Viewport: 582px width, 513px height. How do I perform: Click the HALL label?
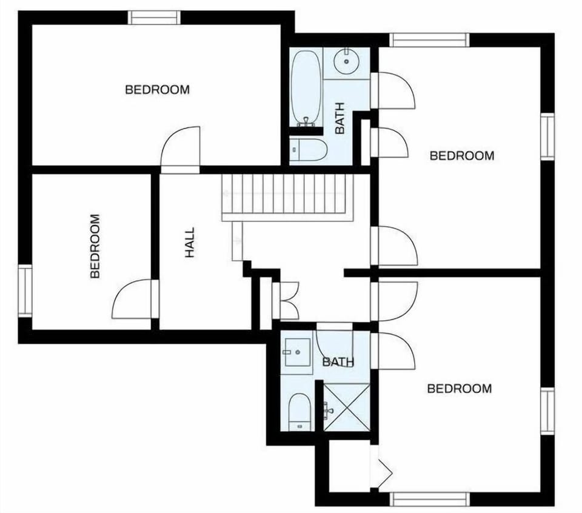pos(190,243)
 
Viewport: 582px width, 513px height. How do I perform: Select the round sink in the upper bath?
pos(347,61)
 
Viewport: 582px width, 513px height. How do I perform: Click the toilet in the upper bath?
pos(309,149)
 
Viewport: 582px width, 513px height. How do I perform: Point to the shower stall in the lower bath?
pos(346,407)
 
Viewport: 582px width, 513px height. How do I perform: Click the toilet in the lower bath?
pos(299,411)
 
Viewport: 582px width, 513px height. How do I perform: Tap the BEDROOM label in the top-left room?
pos(157,90)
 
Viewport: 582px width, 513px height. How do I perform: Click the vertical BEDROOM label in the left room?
pos(95,246)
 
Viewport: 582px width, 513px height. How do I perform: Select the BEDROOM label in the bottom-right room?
pos(459,389)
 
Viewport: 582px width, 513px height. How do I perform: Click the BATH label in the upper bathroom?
pos(339,118)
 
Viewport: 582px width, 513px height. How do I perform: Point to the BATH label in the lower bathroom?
pos(338,363)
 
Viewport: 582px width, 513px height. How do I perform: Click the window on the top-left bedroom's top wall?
pos(155,18)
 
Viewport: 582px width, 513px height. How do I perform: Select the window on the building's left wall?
pos(24,291)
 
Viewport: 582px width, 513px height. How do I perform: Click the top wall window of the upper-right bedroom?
pos(429,40)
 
